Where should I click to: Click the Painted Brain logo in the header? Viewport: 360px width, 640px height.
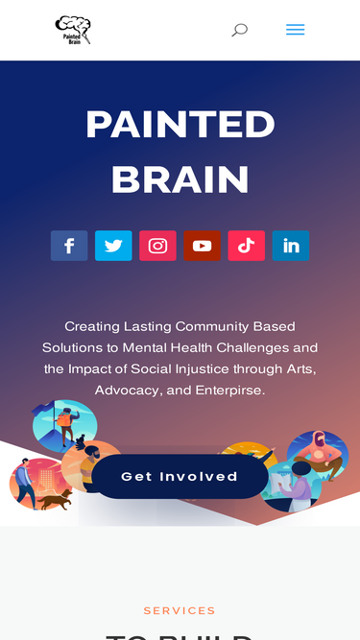click(73, 30)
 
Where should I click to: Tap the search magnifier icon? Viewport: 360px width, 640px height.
click(239, 30)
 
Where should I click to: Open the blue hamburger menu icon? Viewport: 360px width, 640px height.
click(295, 30)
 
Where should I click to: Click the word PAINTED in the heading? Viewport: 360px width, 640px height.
click(180, 125)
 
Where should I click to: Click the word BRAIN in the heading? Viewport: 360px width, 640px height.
click(180, 179)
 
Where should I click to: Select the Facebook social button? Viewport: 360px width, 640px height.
click(69, 246)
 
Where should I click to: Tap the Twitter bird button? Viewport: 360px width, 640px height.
click(113, 246)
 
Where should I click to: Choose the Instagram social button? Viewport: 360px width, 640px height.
click(157, 246)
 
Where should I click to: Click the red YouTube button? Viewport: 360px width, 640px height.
click(202, 246)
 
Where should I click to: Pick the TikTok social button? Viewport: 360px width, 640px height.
click(246, 246)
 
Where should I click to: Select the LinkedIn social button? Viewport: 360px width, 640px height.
click(290, 246)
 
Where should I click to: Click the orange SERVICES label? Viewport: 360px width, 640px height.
click(180, 610)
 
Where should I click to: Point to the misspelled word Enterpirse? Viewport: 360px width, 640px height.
click(229, 391)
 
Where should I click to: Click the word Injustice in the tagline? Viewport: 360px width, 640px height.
click(228, 369)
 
